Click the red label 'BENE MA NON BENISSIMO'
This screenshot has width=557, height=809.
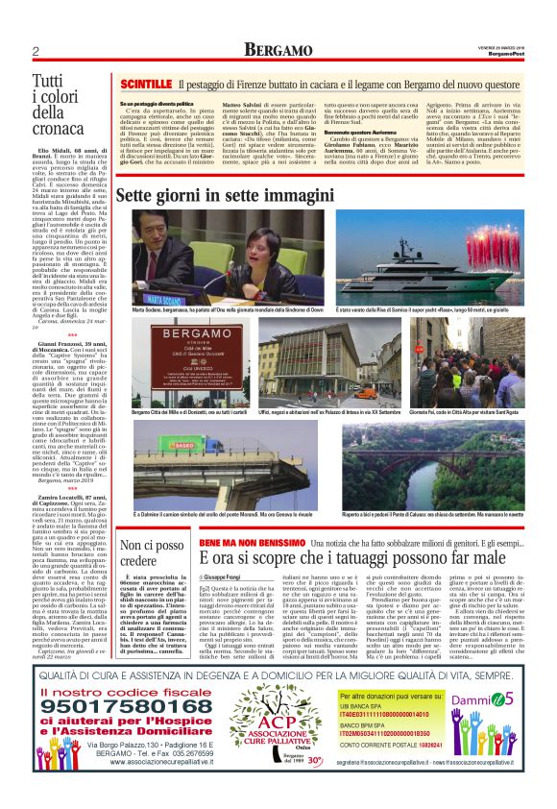[251, 542]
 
